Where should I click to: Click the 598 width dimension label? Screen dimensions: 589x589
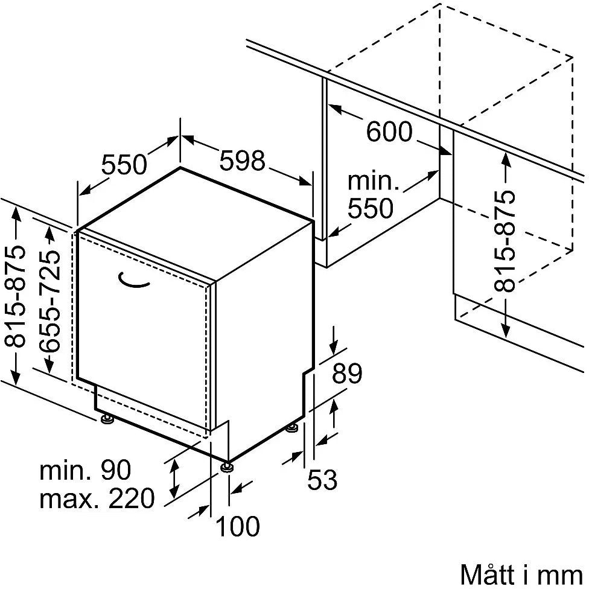tap(242, 161)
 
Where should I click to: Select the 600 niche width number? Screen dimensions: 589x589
tap(389, 132)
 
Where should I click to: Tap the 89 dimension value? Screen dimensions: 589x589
tap(347, 373)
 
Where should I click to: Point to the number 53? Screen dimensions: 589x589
tap(322, 479)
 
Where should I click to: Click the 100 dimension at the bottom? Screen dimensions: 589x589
tap(238, 526)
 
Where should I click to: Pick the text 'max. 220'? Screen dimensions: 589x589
tap(97, 498)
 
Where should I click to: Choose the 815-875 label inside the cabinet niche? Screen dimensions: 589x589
tap(505, 241)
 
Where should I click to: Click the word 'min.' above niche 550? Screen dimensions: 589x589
tap(373, 181)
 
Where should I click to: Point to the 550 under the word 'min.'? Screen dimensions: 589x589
tap(370, 208)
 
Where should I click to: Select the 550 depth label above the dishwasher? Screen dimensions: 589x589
tap(124, 165)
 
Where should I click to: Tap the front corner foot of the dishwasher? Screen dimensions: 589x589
tap(227, 466)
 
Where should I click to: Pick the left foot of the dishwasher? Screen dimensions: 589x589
tap(107, 418)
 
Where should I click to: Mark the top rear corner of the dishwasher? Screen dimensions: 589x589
tap(180, 167)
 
